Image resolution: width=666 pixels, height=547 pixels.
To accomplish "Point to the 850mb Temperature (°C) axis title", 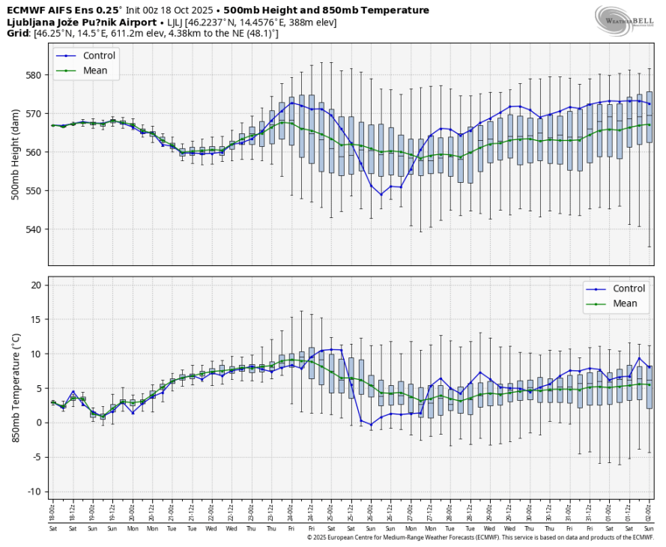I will (x=16, y=388).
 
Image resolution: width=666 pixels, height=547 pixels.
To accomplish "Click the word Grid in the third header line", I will (x=18, y=34).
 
